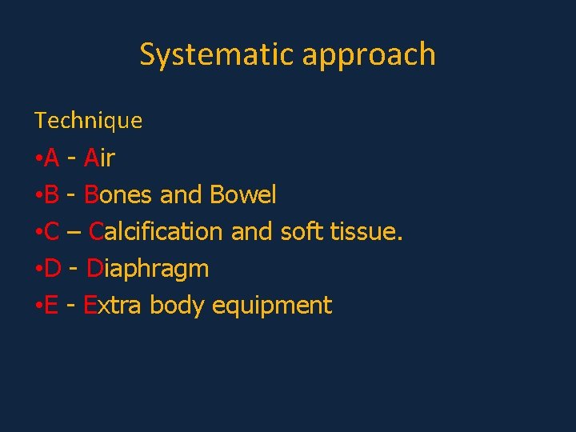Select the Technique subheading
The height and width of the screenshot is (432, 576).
point(88,121)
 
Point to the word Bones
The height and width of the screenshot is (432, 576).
point(118,194)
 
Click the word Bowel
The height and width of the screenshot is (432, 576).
point(242,194)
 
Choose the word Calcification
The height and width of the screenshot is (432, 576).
point(155,231)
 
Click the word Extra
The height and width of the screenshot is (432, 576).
point(113,305)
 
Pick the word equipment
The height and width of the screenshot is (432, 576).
point(271,306)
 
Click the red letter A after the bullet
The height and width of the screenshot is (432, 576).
point(52,158)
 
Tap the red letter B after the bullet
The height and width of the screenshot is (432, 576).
point(52,194)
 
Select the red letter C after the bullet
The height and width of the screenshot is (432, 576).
point(52,231)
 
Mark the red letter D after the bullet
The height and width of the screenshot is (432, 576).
point(53,268)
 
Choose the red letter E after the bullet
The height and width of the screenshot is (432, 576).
point(51,305)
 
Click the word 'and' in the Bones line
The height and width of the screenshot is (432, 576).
point(181,194)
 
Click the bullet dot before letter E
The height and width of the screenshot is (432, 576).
point(38,306)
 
